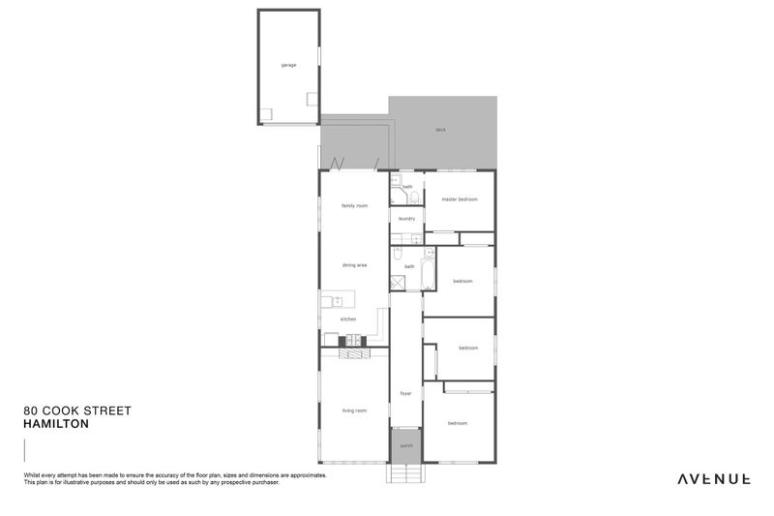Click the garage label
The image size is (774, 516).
coord(288,65)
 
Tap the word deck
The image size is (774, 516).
coord(440,130)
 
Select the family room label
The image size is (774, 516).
coord(354,205)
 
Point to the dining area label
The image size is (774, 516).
coord(354,264)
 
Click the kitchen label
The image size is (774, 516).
coord(348,319)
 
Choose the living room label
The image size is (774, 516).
coord(354,410)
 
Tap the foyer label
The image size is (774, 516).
coord(406,393)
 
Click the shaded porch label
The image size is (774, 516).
coord(406,445)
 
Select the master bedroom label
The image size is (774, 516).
coord(461,199)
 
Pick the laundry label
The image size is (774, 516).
coord(407,219)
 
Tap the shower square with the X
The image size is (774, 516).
coord(398,283)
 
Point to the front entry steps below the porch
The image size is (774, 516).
coord(406,473)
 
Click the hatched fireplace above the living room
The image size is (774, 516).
coord(354,355)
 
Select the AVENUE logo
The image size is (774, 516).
coord(713,478)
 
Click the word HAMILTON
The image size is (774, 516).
coord(56,424)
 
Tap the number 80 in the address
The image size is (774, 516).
coord(30,410)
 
